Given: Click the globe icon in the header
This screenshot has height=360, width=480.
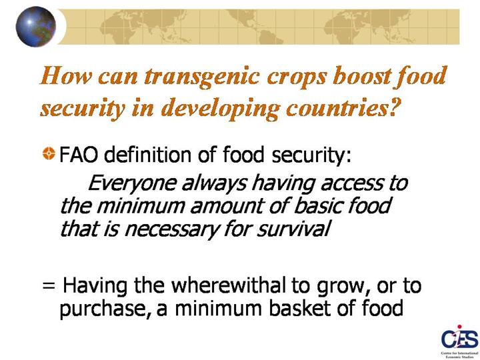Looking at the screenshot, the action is point(36,27).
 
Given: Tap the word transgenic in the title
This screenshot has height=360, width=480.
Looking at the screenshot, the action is point(202,77).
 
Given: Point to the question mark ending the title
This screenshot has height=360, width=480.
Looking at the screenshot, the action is point(395,107).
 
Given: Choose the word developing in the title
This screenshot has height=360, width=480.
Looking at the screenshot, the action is point(221,109).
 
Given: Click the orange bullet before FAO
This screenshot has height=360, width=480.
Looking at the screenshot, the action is point(49,153).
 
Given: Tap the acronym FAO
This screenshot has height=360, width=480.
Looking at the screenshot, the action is point(79,154).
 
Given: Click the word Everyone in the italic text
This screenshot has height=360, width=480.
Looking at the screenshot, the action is point(132,184).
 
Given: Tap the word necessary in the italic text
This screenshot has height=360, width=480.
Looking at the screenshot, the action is point(171,229).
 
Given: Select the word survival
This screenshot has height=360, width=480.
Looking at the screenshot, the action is point(293,229).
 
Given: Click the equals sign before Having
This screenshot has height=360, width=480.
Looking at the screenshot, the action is point(49,286).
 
